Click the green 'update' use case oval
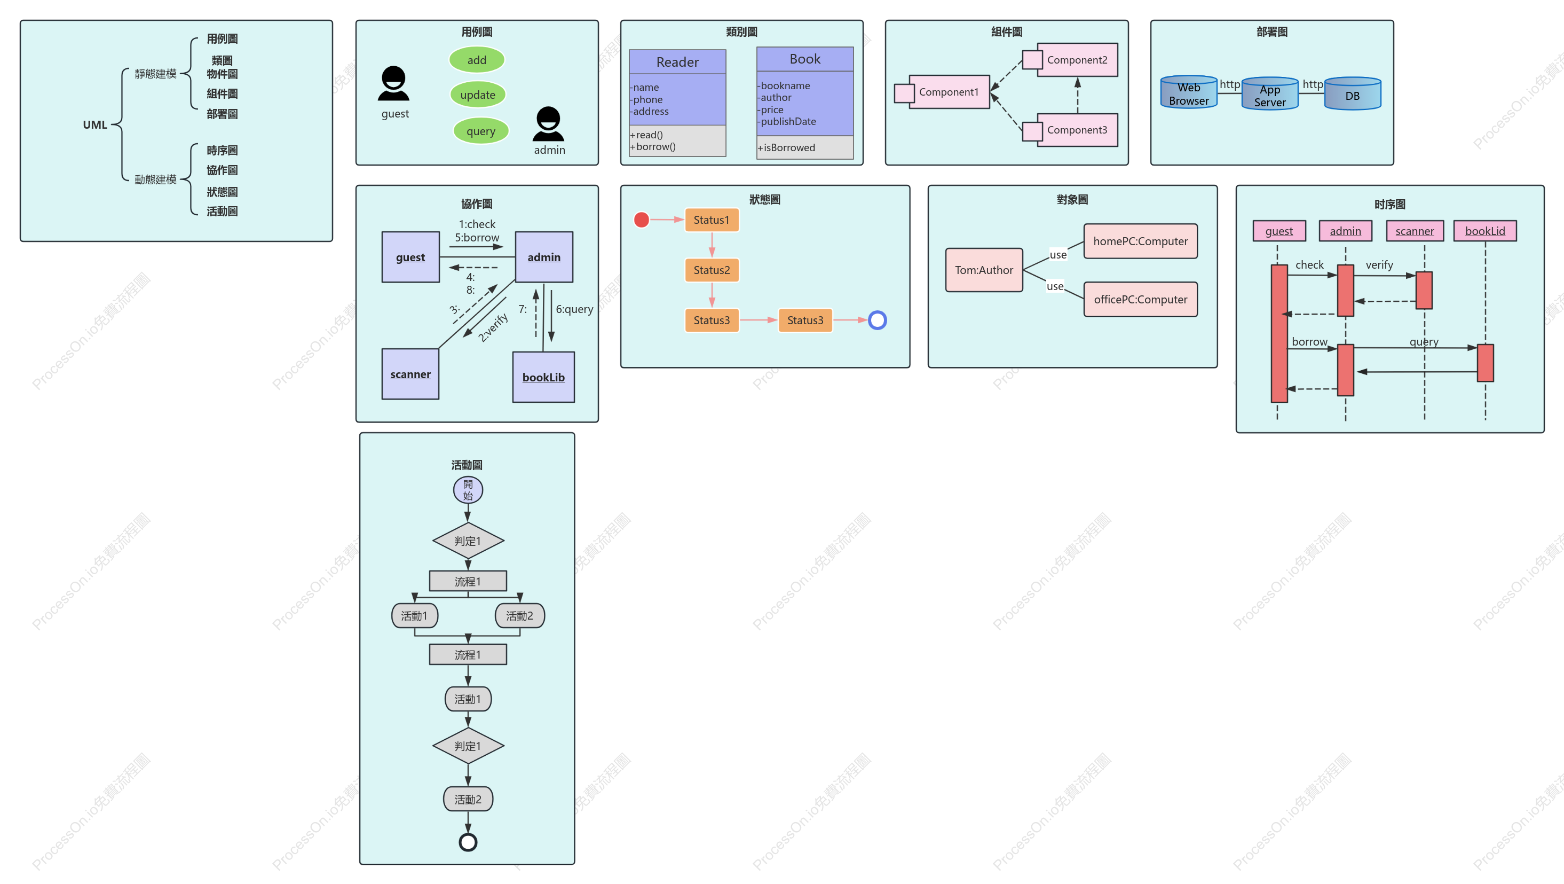click(x=478, y=94)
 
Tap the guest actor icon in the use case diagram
click(x=393, y=83)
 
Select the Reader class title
click(x=677, y=62)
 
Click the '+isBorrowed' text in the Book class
click(x=786, y=147)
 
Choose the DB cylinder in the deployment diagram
click(x=1352, y=93)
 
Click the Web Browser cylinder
click(x=1189, y=92)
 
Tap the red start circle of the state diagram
click(x=641, y=220)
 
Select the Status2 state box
click(x=712, y=270)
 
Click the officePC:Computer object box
click(x=1140, y=299)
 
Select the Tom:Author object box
click(x=984, y=270)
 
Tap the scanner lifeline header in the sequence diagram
click(x=1415, y=231)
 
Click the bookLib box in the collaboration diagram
click(x=543, y=377)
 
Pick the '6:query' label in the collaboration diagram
click(x=574, y=309)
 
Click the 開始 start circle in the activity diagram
click(x=468, y=490)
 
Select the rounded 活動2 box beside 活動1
click(x=520, y=615)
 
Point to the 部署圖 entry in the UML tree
click(x=222, y=114)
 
